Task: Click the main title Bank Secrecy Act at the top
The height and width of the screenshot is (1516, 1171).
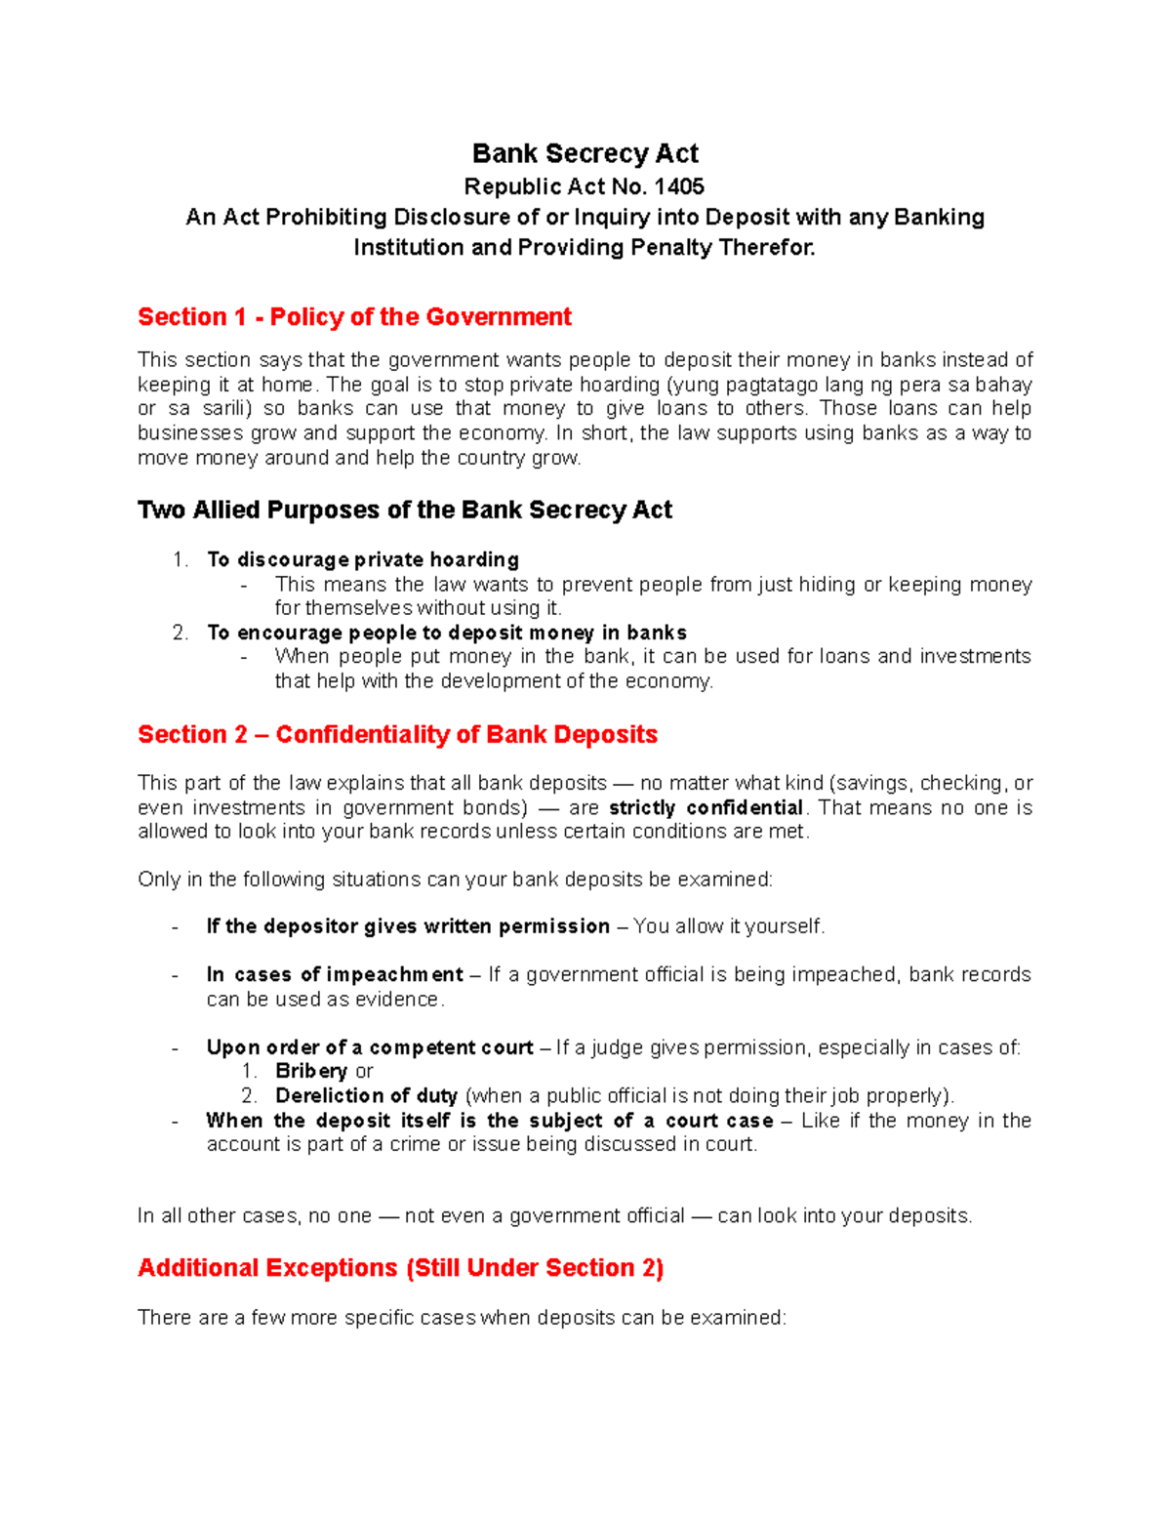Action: (x=585, y=153)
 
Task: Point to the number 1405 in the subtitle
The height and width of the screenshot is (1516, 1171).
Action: (x=679, y=186)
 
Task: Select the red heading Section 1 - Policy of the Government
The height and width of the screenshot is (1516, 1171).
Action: (x=354, y=317)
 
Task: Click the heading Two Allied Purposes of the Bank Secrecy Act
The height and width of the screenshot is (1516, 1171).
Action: (x=405, y=511)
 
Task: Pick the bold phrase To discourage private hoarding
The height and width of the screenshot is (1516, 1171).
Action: (x=363, y=559)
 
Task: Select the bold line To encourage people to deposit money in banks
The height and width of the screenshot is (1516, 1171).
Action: (x=447, y=633)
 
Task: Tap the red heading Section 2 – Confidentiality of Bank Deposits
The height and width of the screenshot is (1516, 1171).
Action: (x=397, y=735)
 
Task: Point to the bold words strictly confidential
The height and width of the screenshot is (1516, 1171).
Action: (x=706, y=808)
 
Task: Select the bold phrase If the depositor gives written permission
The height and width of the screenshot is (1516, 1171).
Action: (x=408, y=926)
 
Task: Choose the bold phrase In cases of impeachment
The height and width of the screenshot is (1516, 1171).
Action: (x=335, y=975)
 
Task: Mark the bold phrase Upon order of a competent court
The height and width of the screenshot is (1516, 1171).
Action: (x=370, y=1048)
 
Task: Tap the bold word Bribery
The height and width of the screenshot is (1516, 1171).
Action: (x=311, y=1072)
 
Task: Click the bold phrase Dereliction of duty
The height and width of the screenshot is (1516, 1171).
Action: (x=366, y=1096)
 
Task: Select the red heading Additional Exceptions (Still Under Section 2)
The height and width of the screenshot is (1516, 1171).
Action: (x=400, y=1268)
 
